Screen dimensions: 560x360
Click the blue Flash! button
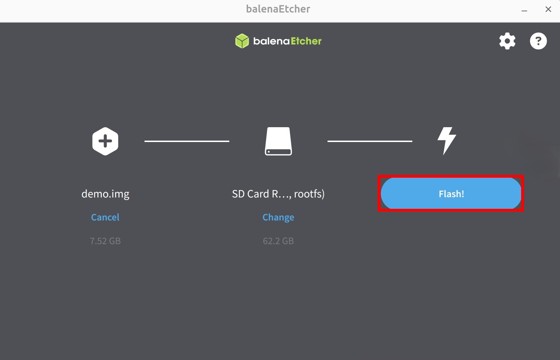click(451, 193)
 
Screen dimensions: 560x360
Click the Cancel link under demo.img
click(105, 217)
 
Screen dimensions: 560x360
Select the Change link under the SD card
click(278, 217)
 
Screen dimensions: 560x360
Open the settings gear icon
click(507, 41)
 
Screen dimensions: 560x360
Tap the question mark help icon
click(538, 41)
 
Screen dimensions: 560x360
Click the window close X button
click(548, 9)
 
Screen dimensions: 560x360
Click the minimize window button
click(524, 11)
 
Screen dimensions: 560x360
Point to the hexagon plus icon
click(105, 141)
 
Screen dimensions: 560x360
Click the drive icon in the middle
click(278, 141)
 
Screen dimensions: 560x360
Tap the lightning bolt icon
click(447, 141)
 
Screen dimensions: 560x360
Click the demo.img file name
click(105, 194)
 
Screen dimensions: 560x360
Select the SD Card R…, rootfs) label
click(278, 194)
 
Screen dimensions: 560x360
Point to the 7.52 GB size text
click(105, 241)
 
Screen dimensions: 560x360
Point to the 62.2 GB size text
click(278, 241)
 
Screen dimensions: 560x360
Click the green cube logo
click(242, 41)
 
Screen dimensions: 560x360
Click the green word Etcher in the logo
click(306, 41)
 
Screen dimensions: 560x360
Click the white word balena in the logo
click(271, 41)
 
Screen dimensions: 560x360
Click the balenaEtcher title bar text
click(278, 9)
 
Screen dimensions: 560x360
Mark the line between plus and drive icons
click(187, 141)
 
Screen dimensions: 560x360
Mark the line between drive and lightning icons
click(370, 141)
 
